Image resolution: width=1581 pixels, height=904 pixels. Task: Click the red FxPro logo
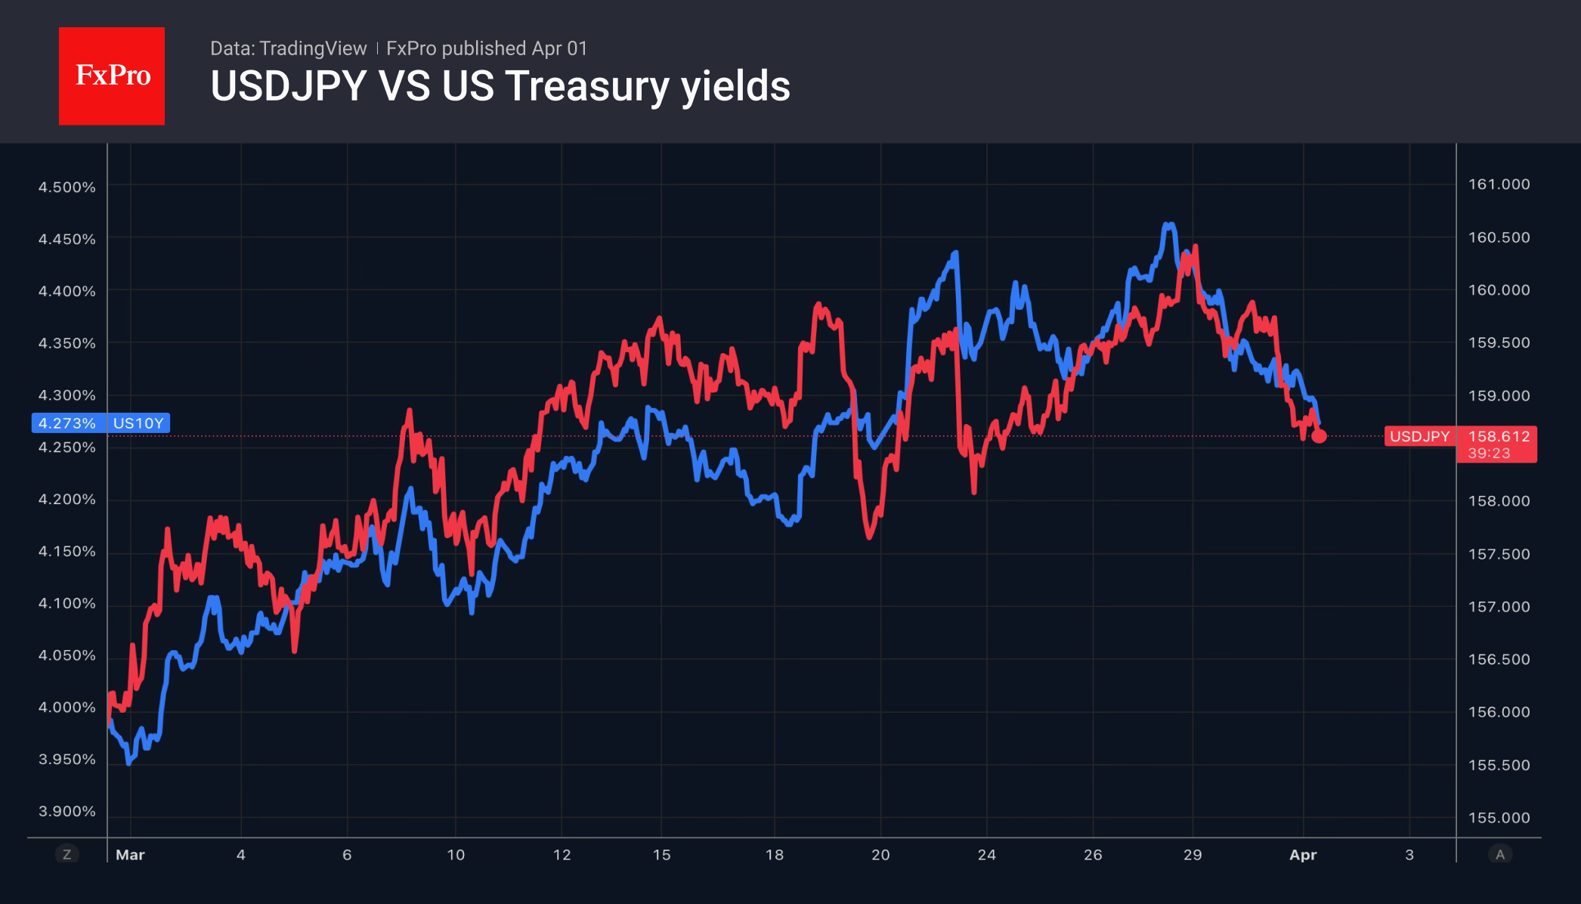(112, 76)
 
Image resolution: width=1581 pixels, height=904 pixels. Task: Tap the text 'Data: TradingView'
(288, 48)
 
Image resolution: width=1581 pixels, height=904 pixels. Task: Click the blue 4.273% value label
(67, 423)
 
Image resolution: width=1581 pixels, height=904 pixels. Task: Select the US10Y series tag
(138, 423)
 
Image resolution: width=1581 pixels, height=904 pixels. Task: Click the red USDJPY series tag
(1419, 436)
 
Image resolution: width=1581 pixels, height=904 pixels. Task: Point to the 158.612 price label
(1498, 436)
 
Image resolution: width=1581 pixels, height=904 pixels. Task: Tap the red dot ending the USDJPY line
(1319, 436)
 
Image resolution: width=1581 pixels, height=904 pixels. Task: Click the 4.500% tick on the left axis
(67, 187)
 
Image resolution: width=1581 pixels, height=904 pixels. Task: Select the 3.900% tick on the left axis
(67, 811)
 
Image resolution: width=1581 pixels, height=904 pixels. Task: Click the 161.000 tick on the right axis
(1499, 184)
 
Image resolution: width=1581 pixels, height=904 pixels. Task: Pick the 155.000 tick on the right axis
(1499, 818)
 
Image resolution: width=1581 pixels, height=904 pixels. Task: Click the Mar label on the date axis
(130, 855)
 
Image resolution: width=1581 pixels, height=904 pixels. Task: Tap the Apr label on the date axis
(1303, 855)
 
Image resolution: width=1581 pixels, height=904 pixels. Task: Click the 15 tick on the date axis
(661, 855)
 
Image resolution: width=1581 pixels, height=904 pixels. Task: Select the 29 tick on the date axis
(1192, 855)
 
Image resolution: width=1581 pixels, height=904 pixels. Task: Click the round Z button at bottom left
(67, 855)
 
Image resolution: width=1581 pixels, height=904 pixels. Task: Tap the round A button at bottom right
(1500, 855)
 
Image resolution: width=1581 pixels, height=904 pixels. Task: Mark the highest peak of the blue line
(1169, 224)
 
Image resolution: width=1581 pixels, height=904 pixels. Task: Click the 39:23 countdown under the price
(1489, 454)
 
